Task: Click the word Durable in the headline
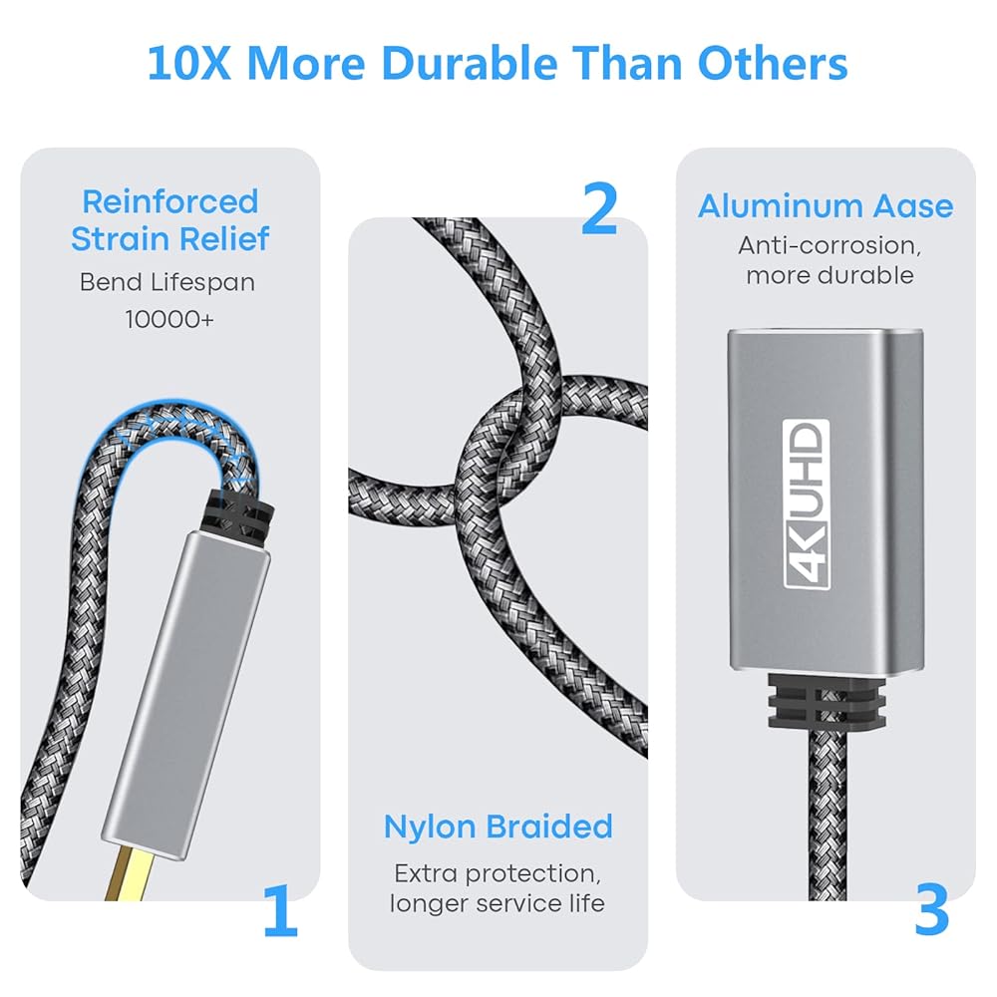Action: [x=470, y=64]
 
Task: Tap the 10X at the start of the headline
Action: [x=188, y=64]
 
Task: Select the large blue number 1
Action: [x=281, y=910]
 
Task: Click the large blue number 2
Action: [x=599, y=208]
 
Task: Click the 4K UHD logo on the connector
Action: [x=807, y=504]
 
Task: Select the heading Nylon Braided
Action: [x=498, y=828]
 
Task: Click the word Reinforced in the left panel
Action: [x=170, y=202]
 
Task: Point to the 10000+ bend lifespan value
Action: [x=169, y=319]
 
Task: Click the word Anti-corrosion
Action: [x=830, y=245]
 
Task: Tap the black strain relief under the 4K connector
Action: [x=827, y=701]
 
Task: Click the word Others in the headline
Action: [x=773, y=64]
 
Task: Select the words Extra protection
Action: [x=498, y=873]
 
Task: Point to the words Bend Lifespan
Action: [x=167, y=282]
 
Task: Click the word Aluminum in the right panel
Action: [x=781, y=206]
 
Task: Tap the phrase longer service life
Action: [x=498, y=903]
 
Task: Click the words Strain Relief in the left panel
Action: [x=170, y=239]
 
